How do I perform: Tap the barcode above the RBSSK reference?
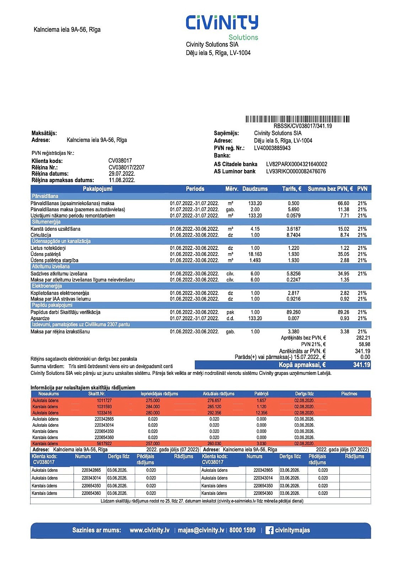297,119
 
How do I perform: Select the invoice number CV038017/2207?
127,168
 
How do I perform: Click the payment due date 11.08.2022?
122,180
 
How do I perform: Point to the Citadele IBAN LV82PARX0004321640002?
296,164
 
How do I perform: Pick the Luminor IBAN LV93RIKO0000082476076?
296,171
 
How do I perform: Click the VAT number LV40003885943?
272,148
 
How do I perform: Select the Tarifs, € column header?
291,189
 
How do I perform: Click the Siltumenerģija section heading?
46,222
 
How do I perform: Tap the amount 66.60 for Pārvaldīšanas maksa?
343,203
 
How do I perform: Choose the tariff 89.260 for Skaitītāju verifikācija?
294,312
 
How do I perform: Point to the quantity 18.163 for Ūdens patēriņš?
255,254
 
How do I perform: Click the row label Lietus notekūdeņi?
48,248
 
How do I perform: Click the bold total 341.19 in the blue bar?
361,365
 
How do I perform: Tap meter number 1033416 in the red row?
104,413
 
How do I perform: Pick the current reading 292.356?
214,413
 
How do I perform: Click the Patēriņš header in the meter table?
261,394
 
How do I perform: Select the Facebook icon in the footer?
269,530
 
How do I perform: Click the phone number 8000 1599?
242,530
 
